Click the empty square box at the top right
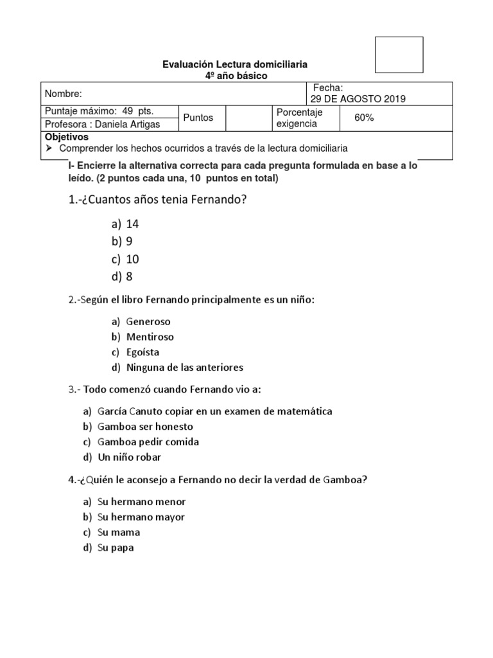pos(399,55)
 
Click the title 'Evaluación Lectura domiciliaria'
pos(235,64)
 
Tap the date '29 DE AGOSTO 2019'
pos(357,98)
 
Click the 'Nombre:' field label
pos(64,94)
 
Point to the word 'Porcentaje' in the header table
pos(299,112)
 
